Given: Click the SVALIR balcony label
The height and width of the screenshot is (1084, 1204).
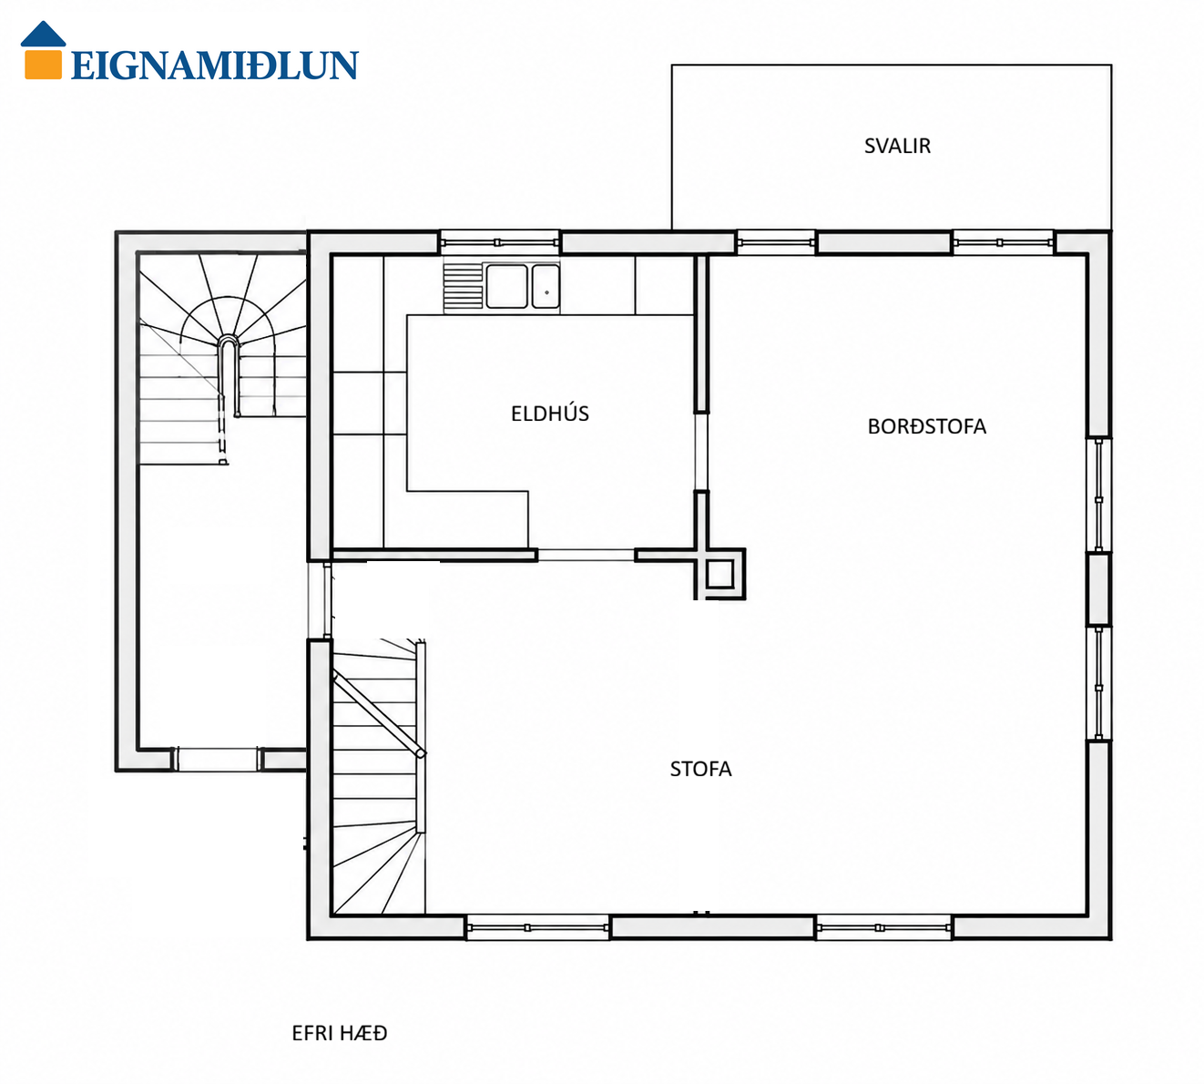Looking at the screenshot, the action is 897,146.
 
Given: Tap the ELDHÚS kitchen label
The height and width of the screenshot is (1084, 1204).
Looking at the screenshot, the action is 550,414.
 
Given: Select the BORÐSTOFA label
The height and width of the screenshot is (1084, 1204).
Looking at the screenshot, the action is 927,426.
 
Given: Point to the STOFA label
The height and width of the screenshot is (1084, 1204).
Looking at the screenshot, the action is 700,769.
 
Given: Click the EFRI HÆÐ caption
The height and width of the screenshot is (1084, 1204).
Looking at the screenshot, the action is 340,1033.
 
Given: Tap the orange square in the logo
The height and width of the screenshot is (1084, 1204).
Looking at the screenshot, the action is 43,65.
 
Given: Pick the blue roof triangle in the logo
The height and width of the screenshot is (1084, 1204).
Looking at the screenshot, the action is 43,34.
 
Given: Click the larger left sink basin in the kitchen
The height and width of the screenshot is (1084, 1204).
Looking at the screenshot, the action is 506,286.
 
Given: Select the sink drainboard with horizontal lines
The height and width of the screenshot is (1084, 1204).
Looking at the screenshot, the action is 463,288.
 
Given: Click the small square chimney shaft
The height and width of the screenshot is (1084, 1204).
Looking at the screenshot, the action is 719,574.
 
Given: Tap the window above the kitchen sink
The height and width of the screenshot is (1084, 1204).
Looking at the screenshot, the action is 499,242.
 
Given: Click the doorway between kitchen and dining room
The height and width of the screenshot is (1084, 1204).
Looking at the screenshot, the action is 701,452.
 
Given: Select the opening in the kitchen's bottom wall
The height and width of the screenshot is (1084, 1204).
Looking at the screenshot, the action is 587,555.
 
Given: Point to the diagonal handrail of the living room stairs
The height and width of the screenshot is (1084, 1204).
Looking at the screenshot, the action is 380,714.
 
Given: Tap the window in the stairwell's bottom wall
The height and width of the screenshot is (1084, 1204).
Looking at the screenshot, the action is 218,759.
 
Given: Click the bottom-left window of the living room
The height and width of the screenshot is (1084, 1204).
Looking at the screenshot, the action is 537,927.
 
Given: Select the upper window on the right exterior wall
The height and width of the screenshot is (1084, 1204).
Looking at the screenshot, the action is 1099,495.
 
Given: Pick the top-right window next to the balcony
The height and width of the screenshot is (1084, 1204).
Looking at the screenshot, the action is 1004,242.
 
